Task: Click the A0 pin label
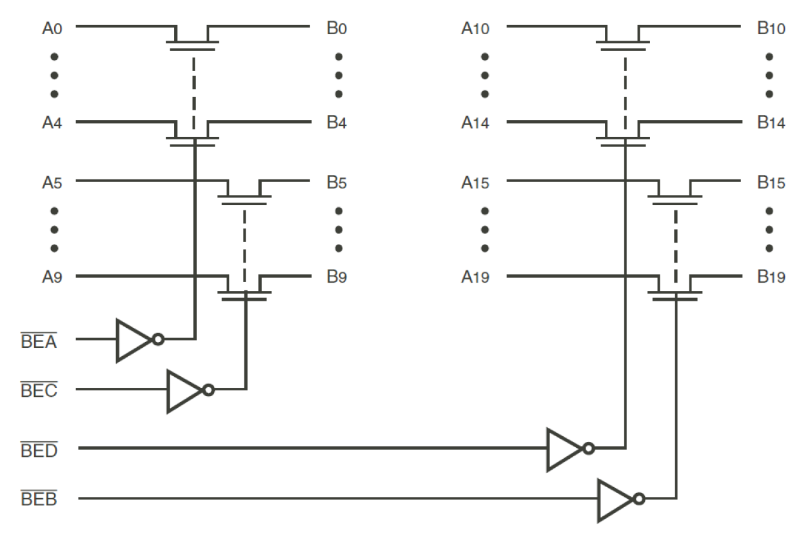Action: [52, 29]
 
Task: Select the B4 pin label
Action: [337, 123]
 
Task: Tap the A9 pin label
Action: [52, 277]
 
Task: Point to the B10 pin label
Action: [771, 29]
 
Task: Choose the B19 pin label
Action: [771, 277]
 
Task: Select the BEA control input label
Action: [39, 341]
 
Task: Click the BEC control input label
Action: [39, 391]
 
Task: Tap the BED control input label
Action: [39, 450]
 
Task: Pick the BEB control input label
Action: [39, 499]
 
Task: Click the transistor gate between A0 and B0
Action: [192, 45]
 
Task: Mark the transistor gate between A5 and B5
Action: [244, 199]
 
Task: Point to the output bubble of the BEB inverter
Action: [638, 499]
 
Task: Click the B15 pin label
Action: [771, 183]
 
